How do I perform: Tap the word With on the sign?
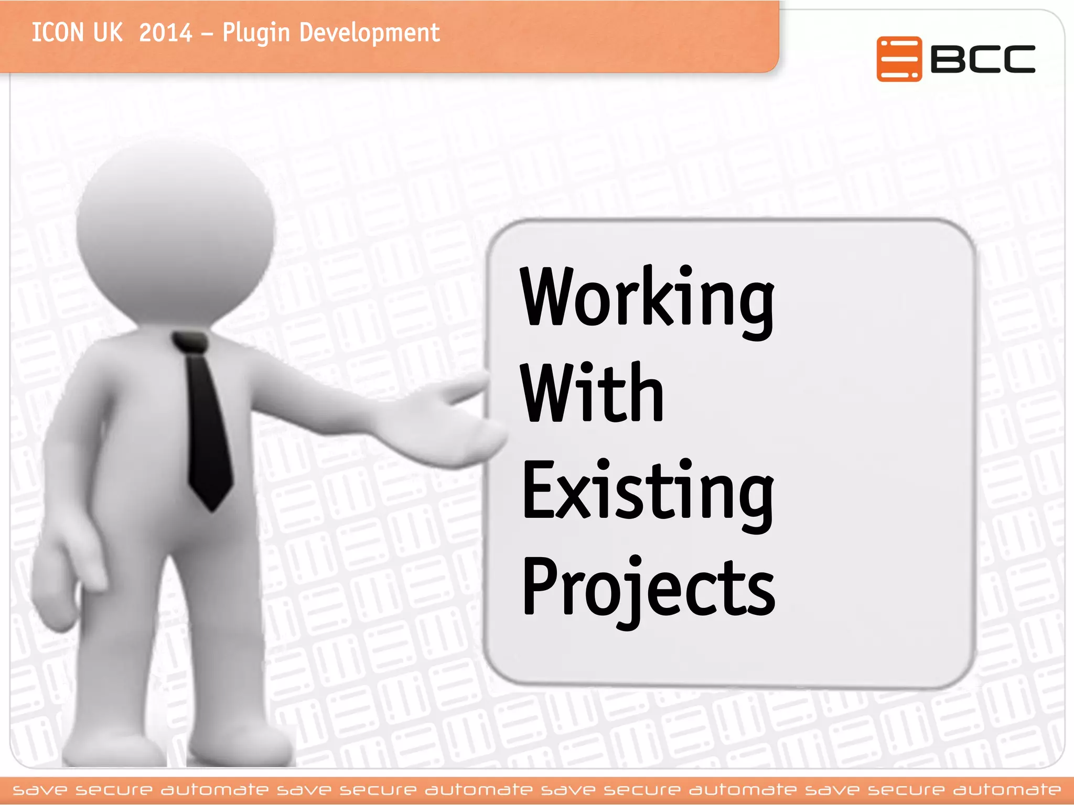tap(592, 393)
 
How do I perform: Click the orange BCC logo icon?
tap(898, 59)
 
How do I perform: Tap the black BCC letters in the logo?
tap(983, 59)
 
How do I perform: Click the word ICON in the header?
tap(57, 32)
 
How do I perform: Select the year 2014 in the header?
tap(166, 32)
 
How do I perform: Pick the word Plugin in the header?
tap(256, 34)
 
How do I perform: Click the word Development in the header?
tap(369, 34)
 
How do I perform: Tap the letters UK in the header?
tap(108, 32)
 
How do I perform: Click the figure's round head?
tap(176, 231)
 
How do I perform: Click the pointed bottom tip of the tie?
tap(212, 506)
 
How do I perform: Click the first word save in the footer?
tap(40, 789)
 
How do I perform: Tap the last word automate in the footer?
tap(1006, 789)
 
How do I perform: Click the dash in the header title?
tap(207, 35)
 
